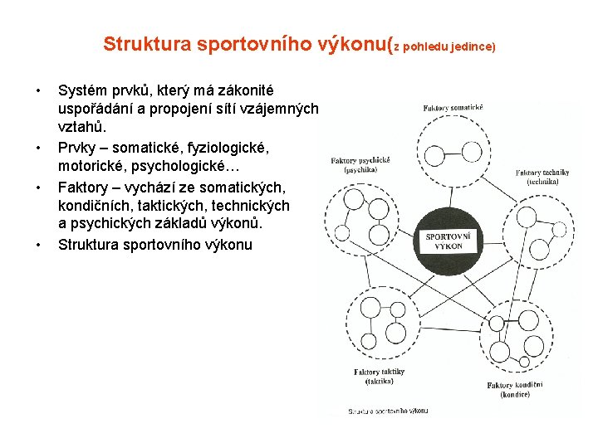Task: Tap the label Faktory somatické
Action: click(453, 108)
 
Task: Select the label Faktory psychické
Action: click(360, 160)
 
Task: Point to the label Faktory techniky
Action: click(542, 173)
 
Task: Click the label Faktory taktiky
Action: click(379, 373)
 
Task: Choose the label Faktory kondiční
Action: click(515, 386)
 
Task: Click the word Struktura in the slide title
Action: click(146, 44)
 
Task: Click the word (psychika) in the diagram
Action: click(360, 169)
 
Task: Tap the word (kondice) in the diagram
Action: click(515, 395)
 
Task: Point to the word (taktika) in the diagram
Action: click(379, 382)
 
